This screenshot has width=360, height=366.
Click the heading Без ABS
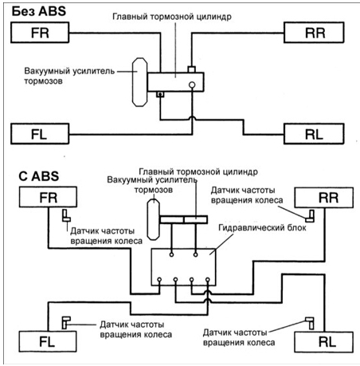tap(39, 11)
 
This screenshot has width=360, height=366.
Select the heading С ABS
tap(39, 176)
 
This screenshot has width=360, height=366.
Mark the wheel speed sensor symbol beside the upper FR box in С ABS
tap(66, 215)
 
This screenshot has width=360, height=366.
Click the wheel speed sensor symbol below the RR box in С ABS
tap(310, 216)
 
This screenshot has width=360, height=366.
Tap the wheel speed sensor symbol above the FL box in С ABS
tap(66, 322)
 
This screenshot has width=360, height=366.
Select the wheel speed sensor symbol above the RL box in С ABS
tap(310, 323)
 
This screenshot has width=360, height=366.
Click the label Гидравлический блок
tap(262, 228)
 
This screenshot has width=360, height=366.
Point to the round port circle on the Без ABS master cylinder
tap(192, 85)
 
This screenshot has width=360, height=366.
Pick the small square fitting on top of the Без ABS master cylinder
tap(192, 69)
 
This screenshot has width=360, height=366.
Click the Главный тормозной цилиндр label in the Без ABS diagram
tap(172, 17)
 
